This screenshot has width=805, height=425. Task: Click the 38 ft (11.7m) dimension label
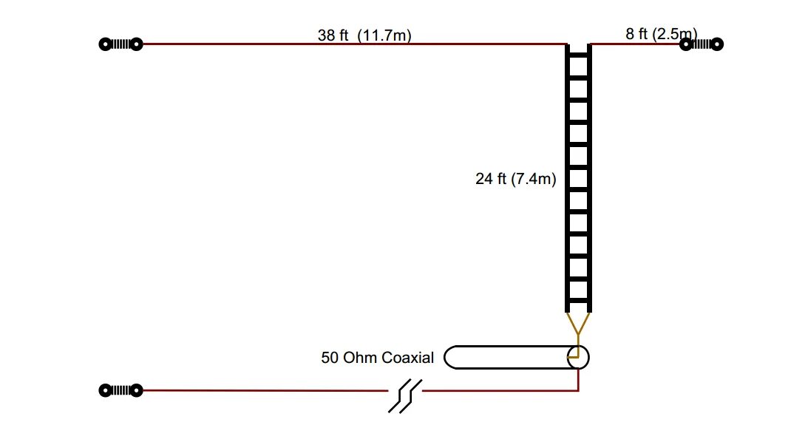364,35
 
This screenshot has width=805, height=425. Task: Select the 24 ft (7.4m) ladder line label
515,178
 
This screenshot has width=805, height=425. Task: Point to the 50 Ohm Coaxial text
377,358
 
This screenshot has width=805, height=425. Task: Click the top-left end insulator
120,44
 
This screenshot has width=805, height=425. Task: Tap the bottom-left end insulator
120,390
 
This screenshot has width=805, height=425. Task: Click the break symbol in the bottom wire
404,395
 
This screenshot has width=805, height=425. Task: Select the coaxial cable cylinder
510,357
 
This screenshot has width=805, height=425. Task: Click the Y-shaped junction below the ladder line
578,325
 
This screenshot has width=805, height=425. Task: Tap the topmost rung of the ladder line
578,54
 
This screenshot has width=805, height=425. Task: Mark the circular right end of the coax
578,357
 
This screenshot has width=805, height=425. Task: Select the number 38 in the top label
326,35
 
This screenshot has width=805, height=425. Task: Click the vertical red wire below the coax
578,378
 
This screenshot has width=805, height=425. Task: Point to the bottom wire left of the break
266,390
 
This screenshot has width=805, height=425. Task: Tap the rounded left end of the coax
450,357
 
